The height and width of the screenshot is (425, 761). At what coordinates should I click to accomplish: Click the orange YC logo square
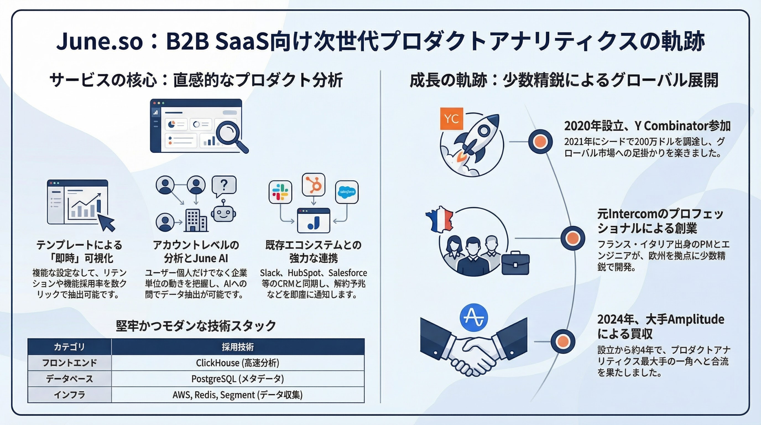pyautogui.click(x=451, y=119)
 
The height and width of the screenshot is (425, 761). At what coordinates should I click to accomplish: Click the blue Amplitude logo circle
pyautogui.click(x=474, y=318)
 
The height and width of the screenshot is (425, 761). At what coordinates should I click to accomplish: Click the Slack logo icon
pyautogui.click(x=280, y=192)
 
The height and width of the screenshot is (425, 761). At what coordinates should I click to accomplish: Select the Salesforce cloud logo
pyautogui.click(x=347, y=192)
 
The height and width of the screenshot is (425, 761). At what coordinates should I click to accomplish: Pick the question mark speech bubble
pyautogui.click(x=224, y=186)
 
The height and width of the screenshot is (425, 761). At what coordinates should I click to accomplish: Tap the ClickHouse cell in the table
pyautogui.click(x=238, y=363)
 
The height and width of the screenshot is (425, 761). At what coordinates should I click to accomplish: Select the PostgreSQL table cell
pyautogui.click(x=238, y=379)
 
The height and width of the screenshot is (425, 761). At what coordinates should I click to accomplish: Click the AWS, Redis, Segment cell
pyautogui.click(x=238, y=395)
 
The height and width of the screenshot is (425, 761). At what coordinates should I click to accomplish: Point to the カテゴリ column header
pyautogui.click(x=69, y=347)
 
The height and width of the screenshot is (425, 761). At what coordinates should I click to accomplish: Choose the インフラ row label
pyautogui.click(x=69, y=395)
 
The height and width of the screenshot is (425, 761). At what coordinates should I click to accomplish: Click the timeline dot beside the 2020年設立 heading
pyautogui.click(x=540, y=142)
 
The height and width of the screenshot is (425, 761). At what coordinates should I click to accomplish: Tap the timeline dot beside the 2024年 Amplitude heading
pyautogui.click(x=563, y=341)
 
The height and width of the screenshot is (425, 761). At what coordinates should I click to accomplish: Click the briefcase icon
pyautogui.click(x=515, y=263)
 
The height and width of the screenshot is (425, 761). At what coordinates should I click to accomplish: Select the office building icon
pyautogui.click(x=196, y=221)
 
